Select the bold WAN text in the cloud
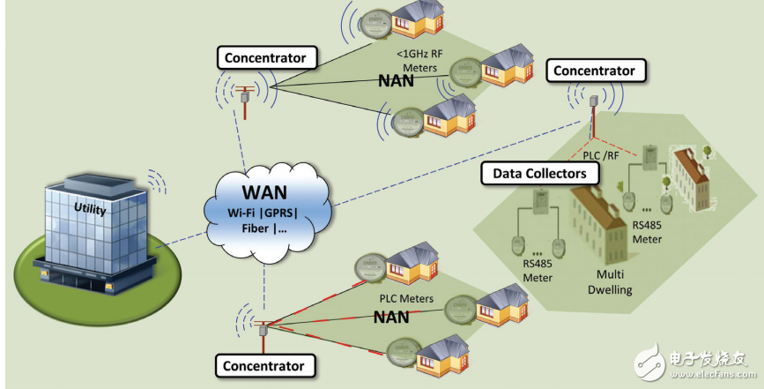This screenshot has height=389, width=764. click(263, 189)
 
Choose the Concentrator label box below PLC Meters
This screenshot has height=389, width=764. click(263, 365)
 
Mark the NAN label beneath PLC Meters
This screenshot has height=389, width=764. click(393, 317)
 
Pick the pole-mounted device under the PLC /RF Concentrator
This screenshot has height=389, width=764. click(595, 105)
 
